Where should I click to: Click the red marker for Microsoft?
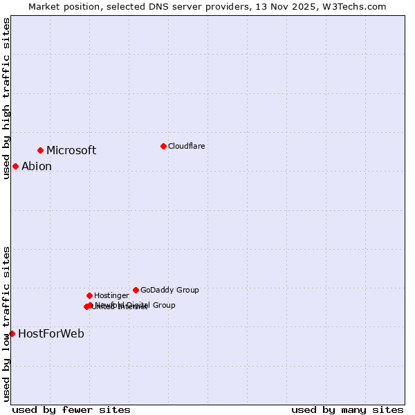point(40,150)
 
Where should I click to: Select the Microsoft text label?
point(71,151)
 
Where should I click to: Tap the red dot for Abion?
point(15,166)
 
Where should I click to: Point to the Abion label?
point(37,167)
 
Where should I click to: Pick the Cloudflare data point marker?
point(163,146)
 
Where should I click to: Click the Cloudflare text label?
point(187,146)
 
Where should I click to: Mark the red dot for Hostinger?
point(89,295)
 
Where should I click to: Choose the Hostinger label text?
point(111,295)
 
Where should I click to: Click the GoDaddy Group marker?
point(136,290)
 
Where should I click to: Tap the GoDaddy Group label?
point(169,290)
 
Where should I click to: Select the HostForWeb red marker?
point(12,333)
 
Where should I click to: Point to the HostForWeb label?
point(51,334)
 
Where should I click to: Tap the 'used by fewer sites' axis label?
point(71,409)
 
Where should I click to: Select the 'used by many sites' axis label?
point(347,409)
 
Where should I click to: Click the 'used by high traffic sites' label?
point(6,98)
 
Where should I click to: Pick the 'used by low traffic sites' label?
point(6,324)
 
